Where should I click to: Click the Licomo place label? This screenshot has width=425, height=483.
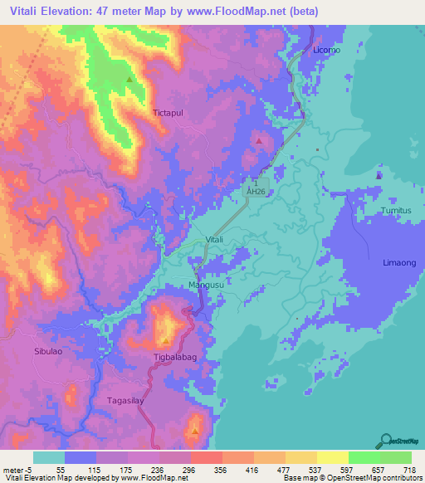click(x=327, y=50)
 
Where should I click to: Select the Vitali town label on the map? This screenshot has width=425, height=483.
click(x=214, y=240)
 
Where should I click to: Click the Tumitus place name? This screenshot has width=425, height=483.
click(x=396, y=212)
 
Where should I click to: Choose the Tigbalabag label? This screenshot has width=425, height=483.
click(x=173, y=358)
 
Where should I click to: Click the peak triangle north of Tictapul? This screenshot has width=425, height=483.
click(x=129, y=80)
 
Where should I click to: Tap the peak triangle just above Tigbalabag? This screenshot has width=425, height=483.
click(x=166, y=341)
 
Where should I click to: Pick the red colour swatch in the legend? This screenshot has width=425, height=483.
click(x=206, y=457)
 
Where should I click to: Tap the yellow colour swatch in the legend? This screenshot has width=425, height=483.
click(x=332, y=457)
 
